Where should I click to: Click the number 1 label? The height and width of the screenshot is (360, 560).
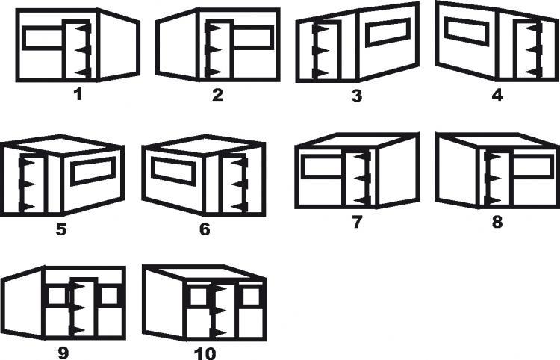tap(78, 95)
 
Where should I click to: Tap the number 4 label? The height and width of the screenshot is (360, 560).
tap(497, 95)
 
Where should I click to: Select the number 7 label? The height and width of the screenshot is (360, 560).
tap(357, 222)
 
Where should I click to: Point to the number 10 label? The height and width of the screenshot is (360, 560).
tap(205, 353)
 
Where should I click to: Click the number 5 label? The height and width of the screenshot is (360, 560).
tap(61, 229)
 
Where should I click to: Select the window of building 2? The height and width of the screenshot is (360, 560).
tap(252, 37)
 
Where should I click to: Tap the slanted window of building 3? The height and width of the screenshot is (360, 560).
tap(388, 33)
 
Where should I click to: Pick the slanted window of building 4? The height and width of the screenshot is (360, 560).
tap(467, 32)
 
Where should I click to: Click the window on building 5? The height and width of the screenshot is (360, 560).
tap(93, 171)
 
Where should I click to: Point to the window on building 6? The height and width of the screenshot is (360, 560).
tap(173, 172)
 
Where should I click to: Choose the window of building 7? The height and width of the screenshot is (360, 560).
tap(324, 167)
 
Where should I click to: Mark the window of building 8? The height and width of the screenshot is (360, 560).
tap(532, 167)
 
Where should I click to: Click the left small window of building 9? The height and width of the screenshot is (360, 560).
tap(57, 296)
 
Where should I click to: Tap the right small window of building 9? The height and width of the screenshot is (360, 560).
tap(109, 296)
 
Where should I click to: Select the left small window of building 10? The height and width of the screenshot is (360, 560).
tap(199, 297)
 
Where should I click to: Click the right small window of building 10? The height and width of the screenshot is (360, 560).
tap(251, 297)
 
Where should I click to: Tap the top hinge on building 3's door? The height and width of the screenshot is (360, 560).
tap(320, 28)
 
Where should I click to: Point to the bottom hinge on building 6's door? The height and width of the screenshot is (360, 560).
tap(239, 207)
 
